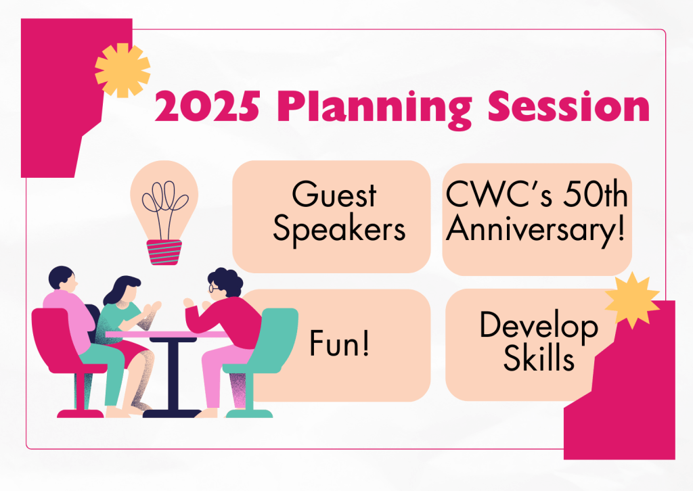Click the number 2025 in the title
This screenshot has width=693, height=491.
207,106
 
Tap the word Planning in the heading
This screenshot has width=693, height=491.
375,110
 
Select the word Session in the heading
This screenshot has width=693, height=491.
568,106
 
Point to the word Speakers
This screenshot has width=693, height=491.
339,229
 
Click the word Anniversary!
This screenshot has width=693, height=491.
536,229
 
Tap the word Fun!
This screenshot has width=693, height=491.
339,343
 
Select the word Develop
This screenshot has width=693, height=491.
539,326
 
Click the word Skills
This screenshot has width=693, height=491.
539,358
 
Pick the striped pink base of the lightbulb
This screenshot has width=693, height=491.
164,252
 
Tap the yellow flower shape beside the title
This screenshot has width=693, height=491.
122,70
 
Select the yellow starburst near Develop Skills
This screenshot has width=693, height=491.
632,300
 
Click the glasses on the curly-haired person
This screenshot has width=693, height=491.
214,288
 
